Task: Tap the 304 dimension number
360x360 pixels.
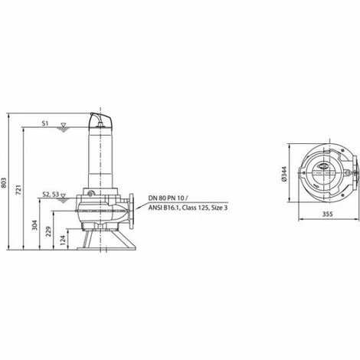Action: (x=35, y=226)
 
